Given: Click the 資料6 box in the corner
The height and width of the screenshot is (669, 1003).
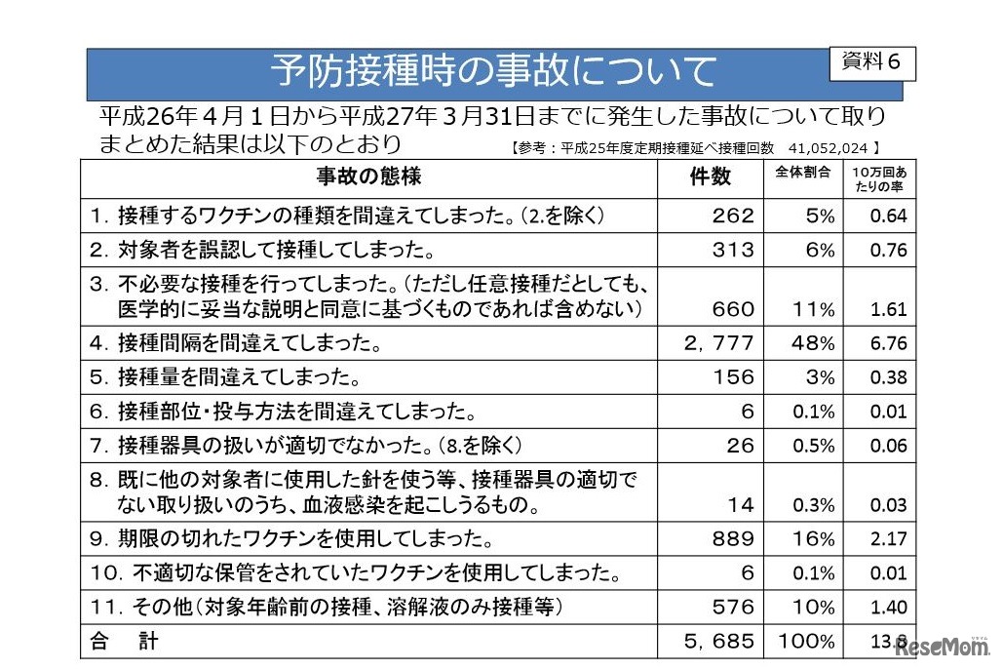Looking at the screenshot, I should pyautogui.click(x=871, y=61).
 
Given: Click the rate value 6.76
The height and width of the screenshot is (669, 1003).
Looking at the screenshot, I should pyautogui.click(x=888, y=343).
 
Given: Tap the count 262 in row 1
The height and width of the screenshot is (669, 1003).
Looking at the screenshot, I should pyautogui.click(x=733, y=216).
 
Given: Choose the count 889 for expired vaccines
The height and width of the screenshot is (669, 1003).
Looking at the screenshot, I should pyautogui.click(x=733, y=538).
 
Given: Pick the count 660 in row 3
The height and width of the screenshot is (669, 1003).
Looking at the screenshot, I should pyautogui.click(x=733, y=309).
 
